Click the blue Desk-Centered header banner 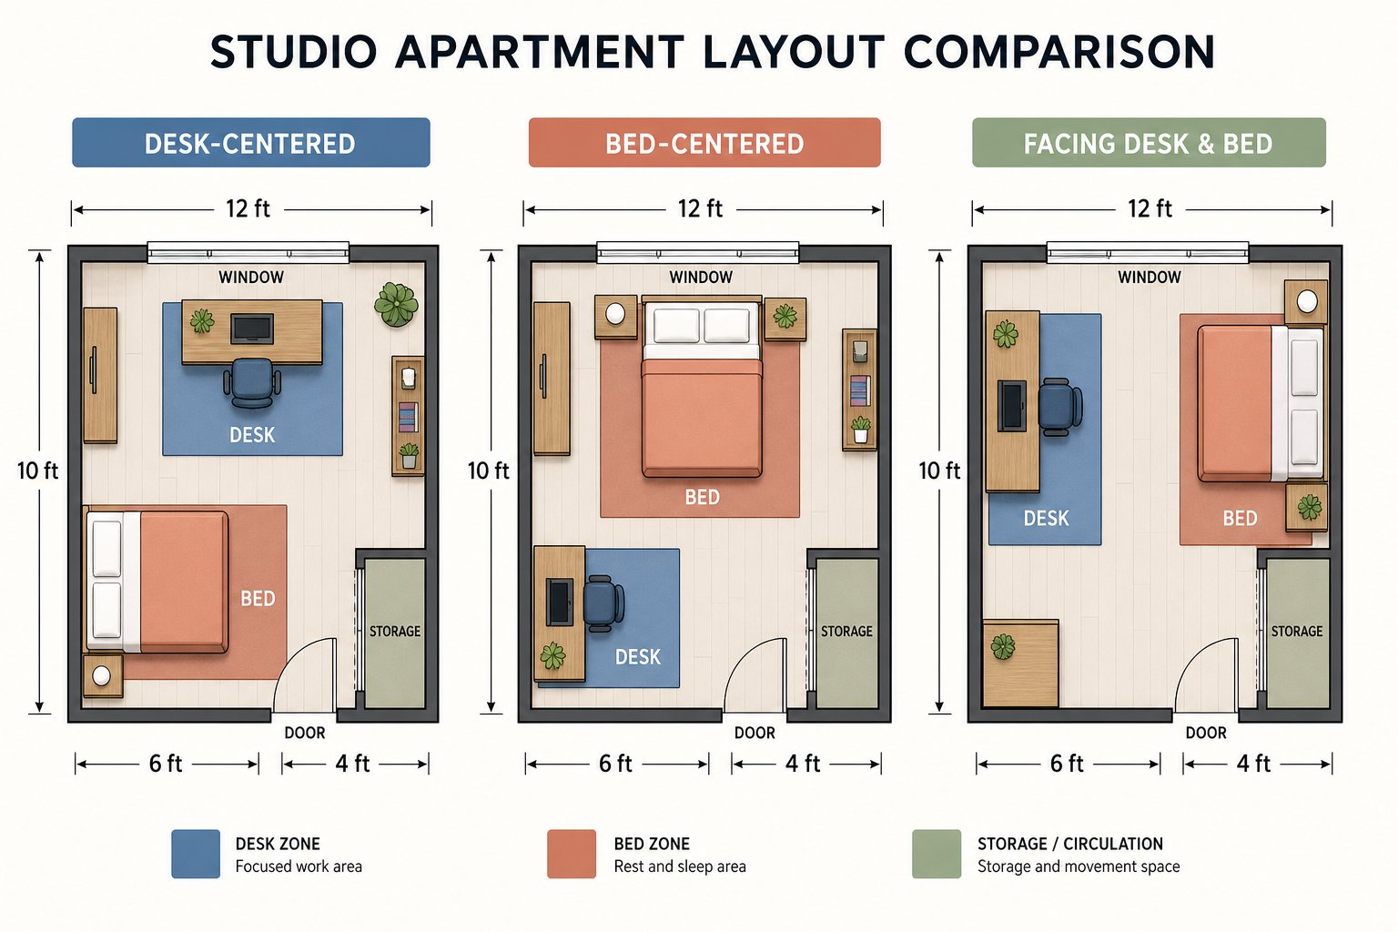tap(251, 142)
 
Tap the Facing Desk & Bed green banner tap(1149, 142)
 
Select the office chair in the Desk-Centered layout tap(252, 382)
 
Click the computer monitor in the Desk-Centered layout tap(252, 329)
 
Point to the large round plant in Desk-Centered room tap(396, 304)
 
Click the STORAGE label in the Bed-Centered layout tap(846, 631)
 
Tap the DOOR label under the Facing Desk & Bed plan tap(1206, 733)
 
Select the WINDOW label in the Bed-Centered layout tap(701, 278)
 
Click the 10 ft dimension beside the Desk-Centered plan tap(37, 471)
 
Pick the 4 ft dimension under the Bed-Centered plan tap(803, 764)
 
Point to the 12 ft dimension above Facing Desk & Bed tap(1150, 208)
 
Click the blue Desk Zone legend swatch tap(196, 854)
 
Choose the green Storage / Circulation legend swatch tap(937, 854)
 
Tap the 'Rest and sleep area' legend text tap(680, 866)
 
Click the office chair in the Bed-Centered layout tap(603, 603)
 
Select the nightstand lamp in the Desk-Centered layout tap(101, 675)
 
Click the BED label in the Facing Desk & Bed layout tap(1240, 518)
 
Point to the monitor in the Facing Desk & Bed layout tap(1012, 406)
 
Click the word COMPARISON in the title tap(1059, 52)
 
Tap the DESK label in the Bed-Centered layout tap(638, 657)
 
